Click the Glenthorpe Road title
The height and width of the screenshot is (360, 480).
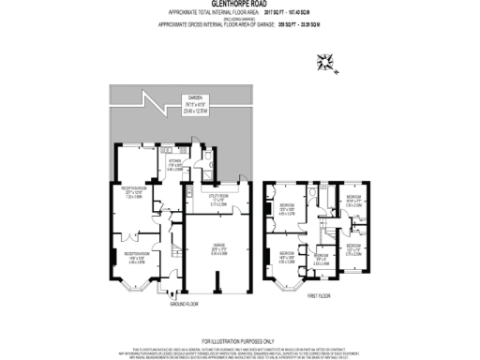239,4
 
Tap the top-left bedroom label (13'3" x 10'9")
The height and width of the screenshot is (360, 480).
286,208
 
